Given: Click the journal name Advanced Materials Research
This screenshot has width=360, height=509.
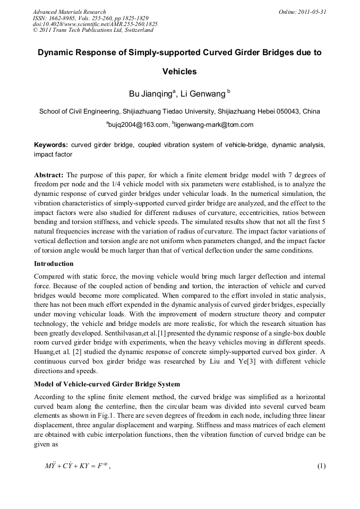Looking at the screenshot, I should coord(69,12).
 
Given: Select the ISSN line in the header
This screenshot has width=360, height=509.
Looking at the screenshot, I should coord(90,18).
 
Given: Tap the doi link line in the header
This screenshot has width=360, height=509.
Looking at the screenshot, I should coord(95,24).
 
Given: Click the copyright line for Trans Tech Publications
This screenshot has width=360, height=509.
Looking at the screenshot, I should coord(93,30).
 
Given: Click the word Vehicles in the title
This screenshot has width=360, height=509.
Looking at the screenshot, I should coord(179,72).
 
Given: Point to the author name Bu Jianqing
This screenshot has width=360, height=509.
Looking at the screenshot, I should coord(151,94).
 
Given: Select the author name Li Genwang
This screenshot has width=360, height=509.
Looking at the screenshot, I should coord(203,94).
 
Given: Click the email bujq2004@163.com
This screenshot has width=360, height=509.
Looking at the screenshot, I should coord(137,125).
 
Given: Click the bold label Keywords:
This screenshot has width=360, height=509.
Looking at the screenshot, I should coord(51,144).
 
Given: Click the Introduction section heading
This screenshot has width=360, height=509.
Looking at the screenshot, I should coord(54,264).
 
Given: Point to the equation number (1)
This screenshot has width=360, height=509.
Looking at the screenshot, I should coord(321,467).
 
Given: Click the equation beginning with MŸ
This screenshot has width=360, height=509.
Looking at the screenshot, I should coord(78,467).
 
